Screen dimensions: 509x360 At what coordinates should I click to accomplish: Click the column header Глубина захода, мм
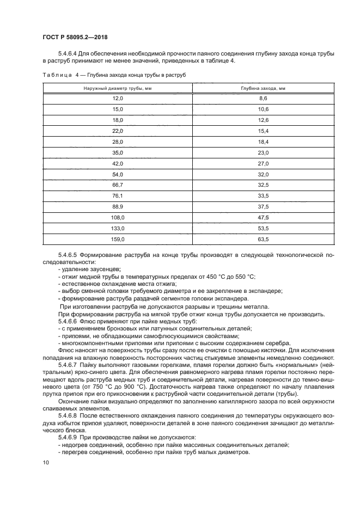click(x=263, y=88)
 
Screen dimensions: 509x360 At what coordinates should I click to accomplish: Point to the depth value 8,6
click(x=263, y=99)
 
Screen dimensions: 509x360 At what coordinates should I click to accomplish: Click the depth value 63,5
click(x=263, y=239)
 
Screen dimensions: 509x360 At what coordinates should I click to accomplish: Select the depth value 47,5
click(x=263, y=217)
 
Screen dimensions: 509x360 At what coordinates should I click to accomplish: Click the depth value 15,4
click(x=263, y=131)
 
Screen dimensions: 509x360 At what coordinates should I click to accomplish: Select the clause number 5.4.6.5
click(x=68, y=254)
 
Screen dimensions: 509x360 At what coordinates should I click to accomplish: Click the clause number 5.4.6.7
click(x=68, y=364)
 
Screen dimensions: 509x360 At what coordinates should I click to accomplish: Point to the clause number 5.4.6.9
click(x=68, y=437)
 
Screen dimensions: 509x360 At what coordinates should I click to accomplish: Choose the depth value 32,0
click(x=263, y=174)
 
